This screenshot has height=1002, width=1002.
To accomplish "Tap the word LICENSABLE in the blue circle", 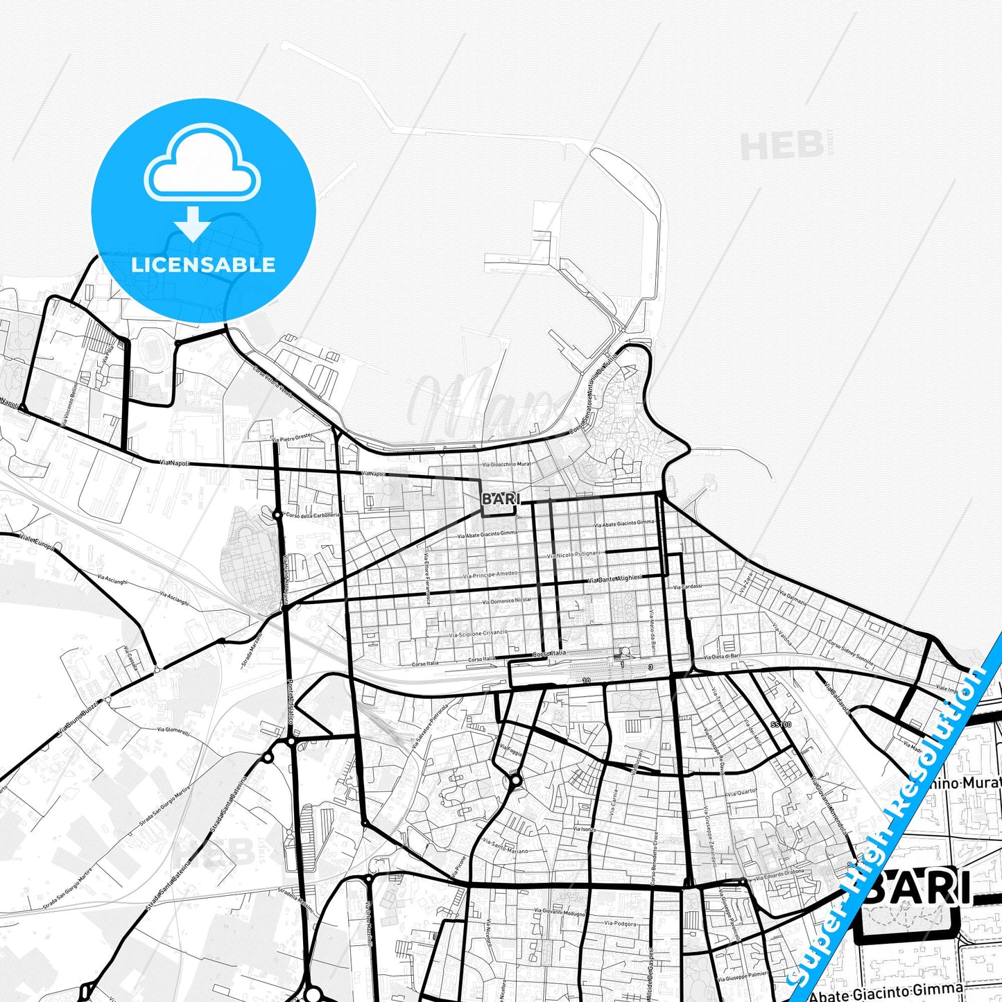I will [x=203, y=264].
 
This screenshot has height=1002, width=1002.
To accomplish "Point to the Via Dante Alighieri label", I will [x=614, y=578].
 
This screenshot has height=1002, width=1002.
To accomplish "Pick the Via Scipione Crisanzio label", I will [x=478, y=633].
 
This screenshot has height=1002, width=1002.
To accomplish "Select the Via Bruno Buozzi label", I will [x=78, y=718].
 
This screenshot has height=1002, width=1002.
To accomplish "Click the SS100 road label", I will [x=780, y=724].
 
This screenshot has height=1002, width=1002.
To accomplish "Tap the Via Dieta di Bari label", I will [x=722, y=656].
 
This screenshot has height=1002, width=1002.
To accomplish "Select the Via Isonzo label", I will [x=584, y=829].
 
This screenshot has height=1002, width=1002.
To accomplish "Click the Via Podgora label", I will [x=619, y=923].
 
